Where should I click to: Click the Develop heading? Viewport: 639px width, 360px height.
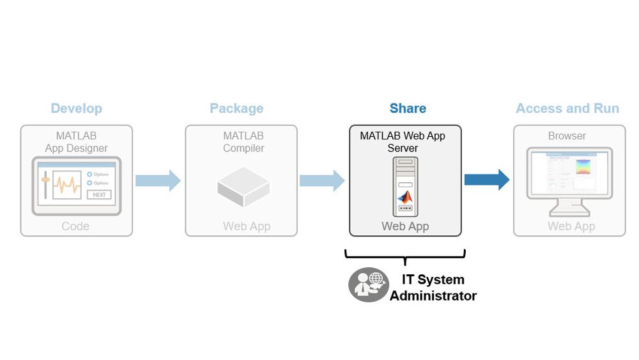click(x=77, y=109)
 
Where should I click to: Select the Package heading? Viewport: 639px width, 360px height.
click(x=236, y=109)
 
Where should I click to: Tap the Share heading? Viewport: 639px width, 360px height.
click(x=408, y=109)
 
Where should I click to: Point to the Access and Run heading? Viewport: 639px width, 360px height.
click(x=567, y=109)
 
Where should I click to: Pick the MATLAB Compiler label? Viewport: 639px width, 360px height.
click(x=243, y=142)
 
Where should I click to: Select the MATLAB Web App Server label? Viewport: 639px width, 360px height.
click(x=403, y=142)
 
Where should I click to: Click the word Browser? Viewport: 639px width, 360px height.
click(x=567, y=136)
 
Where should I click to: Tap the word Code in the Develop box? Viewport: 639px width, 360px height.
click(x=75, y=226)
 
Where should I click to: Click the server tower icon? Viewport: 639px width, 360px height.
click(x=405, y=186)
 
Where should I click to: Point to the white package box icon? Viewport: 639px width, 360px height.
click(x=243, y=186)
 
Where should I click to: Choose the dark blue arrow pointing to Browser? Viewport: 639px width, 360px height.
click(x=486, y=180)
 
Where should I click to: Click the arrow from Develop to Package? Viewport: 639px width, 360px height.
click(x=158, y=180)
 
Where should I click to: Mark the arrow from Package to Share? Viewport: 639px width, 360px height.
click(x=322, y=180)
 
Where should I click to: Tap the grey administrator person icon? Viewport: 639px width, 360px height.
click(x=368, y=285)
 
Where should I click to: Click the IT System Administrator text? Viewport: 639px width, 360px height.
click(x=433, y=288)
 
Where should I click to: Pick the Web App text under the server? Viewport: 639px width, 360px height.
click(x=405, y=226)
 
